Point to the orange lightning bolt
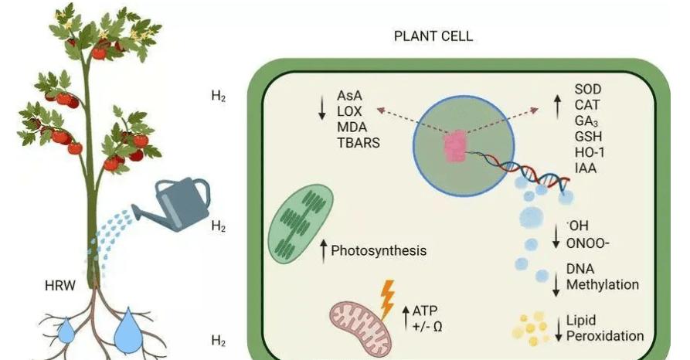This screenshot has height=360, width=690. pyautogui.click(x=389, y=295)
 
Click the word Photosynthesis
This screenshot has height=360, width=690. pyautogui.click(x=379, y=250)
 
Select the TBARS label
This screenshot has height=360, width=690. pyautogui.click(x=358, y=141)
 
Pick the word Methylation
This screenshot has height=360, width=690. pyautogui.click(x=603, y=284)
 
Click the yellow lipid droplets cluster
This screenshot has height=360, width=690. pyautogui.click(x=532, y=328)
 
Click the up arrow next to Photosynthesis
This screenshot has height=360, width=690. pyautogui.click(x=324, y=249)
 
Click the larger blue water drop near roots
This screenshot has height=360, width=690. pyautogui.click(x=129, y=330)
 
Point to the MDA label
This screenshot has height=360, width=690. pyautogui.click(x=352, y=126)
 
